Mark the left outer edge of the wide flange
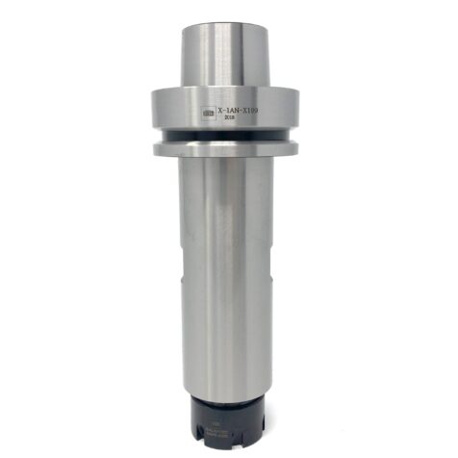(x=152, y=111)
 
